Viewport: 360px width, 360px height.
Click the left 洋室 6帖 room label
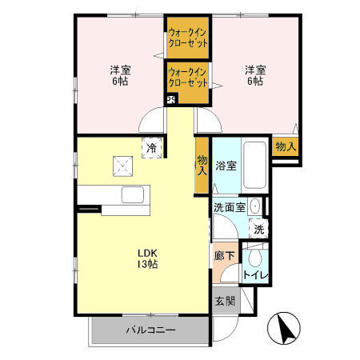tap(120, 75)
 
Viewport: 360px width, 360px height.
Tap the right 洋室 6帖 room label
tap(255, 75)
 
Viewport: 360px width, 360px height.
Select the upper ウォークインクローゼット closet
tap(189, 38)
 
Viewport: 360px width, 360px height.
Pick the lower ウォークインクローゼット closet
tap(189, 81)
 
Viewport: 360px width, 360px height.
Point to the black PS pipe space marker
tap(170, 100)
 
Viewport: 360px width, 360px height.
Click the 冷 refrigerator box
tap(151, 147)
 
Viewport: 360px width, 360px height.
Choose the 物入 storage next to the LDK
tap(202, 166)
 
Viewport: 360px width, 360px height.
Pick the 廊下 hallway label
tap(224, 257)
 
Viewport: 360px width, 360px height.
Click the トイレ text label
tap(256, 275)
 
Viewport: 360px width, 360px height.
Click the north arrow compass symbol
tap(285, 328)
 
